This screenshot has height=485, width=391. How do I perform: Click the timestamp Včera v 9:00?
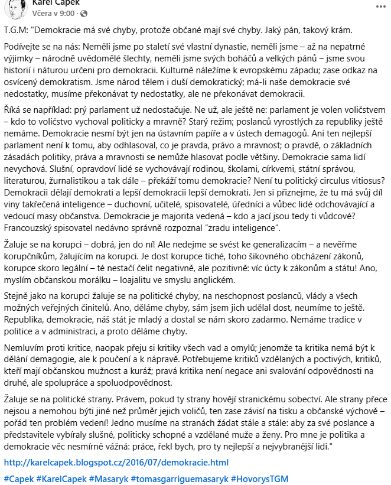[x=53, y=13]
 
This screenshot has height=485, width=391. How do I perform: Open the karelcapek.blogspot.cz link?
[x=116, y=463]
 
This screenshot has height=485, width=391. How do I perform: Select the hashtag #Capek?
[x=19, y=479]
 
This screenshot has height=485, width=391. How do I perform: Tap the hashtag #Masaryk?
[x=109, y=479]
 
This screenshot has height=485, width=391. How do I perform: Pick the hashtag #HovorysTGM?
[x=260, y=479]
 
